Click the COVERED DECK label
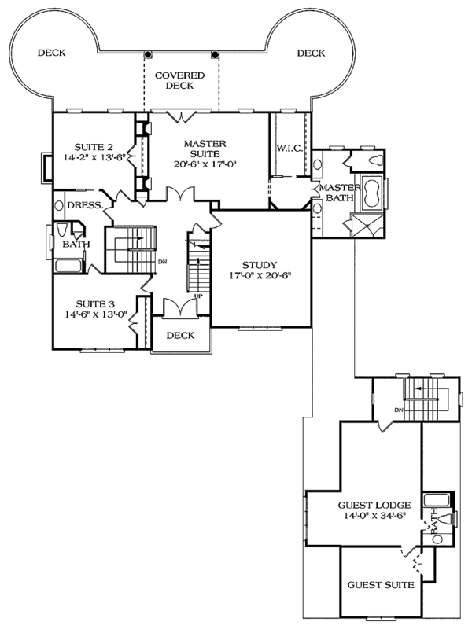coord(179,81)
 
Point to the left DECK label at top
coord(51,53)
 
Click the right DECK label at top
coord(312,53)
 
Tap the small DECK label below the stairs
coord(180,335)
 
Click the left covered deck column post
coord(148,54)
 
